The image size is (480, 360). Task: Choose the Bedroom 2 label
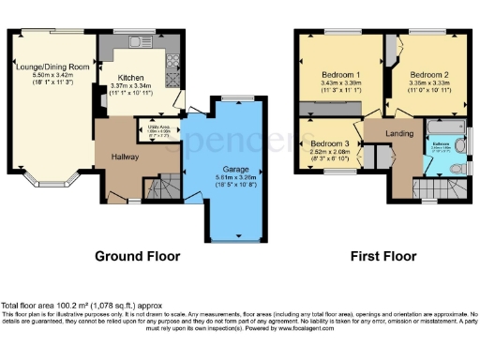pos(428,74)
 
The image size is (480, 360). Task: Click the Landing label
pos(399,135)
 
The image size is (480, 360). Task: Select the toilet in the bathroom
pos(455,168)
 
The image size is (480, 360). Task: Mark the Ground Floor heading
pos(139,255)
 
